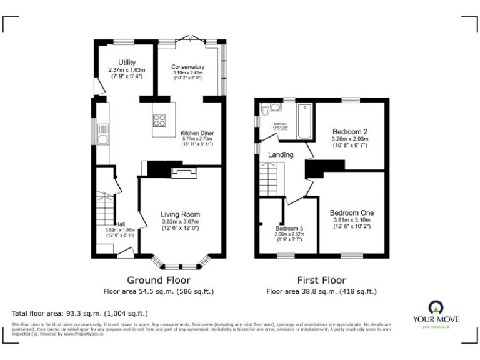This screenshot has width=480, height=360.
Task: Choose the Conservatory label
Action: click(187, 67)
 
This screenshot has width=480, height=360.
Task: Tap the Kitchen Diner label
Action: click(197, 133)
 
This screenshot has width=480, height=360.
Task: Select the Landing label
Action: click(281, 154)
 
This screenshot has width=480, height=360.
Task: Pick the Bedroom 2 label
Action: click(349, 132)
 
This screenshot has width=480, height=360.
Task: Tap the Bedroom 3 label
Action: click(289, 229)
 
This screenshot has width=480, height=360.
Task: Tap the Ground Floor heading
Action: click(159, 280)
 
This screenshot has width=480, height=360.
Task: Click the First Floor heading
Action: click(321, 280)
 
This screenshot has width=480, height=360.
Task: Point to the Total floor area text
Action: click(80, 313)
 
